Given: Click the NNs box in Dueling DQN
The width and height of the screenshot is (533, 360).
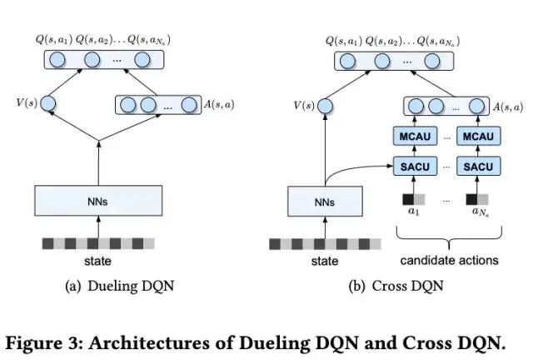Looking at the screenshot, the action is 98,201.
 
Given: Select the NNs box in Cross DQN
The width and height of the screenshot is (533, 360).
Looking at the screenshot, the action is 325,202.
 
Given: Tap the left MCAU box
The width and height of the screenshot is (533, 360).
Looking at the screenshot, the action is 415,136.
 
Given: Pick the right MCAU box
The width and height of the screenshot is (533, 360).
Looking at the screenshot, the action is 478,136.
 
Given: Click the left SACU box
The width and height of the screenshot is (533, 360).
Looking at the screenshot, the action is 415,166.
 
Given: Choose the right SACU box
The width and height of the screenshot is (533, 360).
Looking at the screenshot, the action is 478,166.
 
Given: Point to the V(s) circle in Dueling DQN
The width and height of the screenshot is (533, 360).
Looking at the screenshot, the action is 48,103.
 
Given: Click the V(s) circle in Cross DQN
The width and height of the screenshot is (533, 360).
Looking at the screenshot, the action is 326,106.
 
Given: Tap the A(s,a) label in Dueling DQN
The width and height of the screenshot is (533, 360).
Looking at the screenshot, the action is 219,104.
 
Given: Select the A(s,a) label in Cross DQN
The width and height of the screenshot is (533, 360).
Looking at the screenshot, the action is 508,107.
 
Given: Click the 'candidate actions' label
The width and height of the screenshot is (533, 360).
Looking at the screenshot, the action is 450,260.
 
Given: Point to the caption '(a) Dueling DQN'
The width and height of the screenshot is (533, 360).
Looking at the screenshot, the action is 120,286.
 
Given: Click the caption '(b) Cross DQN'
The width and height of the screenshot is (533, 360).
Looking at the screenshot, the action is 396,286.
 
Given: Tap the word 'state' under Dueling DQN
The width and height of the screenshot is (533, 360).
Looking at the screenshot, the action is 98,261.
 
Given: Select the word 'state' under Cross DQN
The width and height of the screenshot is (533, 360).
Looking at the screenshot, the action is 325,261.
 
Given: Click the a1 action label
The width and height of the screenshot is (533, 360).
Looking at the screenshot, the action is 414,212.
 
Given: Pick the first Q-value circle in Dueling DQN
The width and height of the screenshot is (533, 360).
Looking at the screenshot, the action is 57,60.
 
